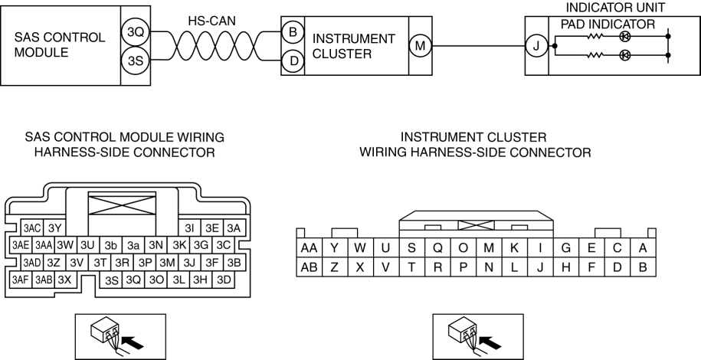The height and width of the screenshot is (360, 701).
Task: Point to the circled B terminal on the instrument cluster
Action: (x=292, y=34)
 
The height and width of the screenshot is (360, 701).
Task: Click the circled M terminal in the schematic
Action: (x=420, y=47)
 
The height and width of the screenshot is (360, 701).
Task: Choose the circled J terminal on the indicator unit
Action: (x=536, y=47)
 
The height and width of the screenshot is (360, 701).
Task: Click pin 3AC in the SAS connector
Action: (x=31, y=228)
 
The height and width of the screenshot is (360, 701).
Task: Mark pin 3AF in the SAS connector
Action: (x=21, y=280)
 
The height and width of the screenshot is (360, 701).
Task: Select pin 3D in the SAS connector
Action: (x=224, y=280)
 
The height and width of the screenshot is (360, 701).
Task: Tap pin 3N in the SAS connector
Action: (x=156, y=245)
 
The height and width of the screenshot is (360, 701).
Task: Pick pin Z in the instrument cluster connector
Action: (x=335, y=267)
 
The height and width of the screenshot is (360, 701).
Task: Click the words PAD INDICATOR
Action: (x=608, y=24)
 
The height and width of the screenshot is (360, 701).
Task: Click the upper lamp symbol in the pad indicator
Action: (x=625, y=35)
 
